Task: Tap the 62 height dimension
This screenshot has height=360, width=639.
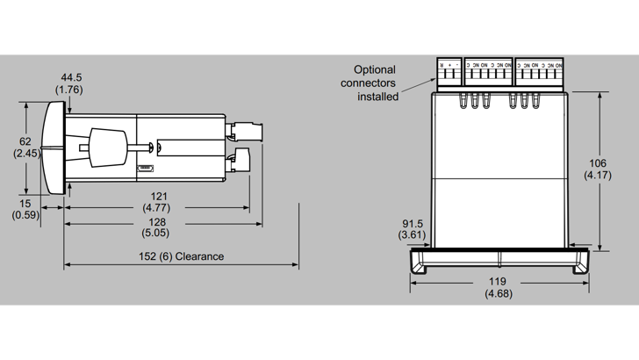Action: coord(25,140)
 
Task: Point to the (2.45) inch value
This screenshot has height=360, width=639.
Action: coord(25,153)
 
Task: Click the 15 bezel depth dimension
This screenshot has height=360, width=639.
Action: coord(25,204)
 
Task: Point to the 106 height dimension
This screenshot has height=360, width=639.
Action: coord(599,163)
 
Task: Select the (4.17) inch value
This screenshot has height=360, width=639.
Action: coord(599,176)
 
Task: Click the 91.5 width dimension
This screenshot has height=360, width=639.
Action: coord(411,224)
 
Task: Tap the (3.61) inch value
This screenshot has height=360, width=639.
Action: coord(411,235)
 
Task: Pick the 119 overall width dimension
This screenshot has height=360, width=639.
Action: coord(499,282)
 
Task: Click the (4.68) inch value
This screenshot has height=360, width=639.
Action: coord(499,294)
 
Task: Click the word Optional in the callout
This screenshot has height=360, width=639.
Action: coord(375,69)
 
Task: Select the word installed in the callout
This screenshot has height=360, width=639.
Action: coord(377,96)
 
